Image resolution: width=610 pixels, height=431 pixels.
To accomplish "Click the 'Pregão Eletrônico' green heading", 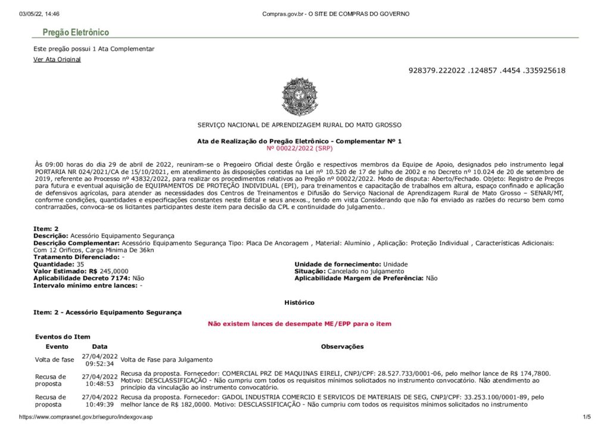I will pos(75,33).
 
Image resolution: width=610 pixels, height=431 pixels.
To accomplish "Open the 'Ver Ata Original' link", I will pos(57,60).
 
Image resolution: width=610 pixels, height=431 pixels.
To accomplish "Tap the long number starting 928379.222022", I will pos(487,71).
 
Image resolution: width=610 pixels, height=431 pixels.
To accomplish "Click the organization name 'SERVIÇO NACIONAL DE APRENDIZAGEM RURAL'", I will pos(299,125).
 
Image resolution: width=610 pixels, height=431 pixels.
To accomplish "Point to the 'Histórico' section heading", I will pos(299,303).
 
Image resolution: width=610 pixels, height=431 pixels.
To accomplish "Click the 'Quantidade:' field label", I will pos(53,264).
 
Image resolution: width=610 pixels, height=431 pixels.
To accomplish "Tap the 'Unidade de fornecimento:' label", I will pos(337,264).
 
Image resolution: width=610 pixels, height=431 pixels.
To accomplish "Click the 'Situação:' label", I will pos(310,271).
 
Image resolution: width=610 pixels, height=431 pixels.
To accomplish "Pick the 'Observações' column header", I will pos(342,346).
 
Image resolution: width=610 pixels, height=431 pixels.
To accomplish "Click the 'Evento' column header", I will pos(57,346).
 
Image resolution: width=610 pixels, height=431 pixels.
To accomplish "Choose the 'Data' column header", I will pos(99,346).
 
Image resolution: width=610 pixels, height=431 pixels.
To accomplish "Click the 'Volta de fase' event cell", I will pos(55,360).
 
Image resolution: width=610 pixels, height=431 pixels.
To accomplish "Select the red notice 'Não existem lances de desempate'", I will pos(299,324).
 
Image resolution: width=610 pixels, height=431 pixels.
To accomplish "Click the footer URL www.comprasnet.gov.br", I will pos(86,417).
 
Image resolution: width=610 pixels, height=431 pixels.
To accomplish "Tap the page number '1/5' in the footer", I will pos(585,417).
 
